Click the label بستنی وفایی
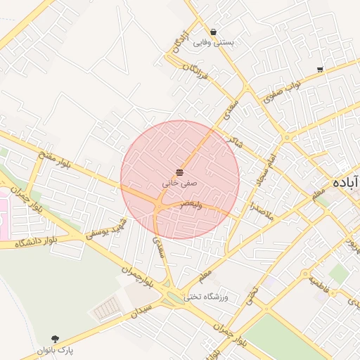click(213, 43)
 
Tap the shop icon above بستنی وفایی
click(213, 32)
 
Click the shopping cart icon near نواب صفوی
click(320, 69)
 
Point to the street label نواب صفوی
click(283, 93)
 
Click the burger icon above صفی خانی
click(180, 172)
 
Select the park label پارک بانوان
click(56, 349)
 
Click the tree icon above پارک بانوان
click(56, 338)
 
